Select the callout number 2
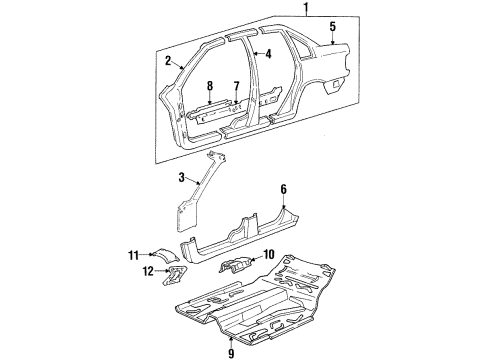(x=167, y=61)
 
